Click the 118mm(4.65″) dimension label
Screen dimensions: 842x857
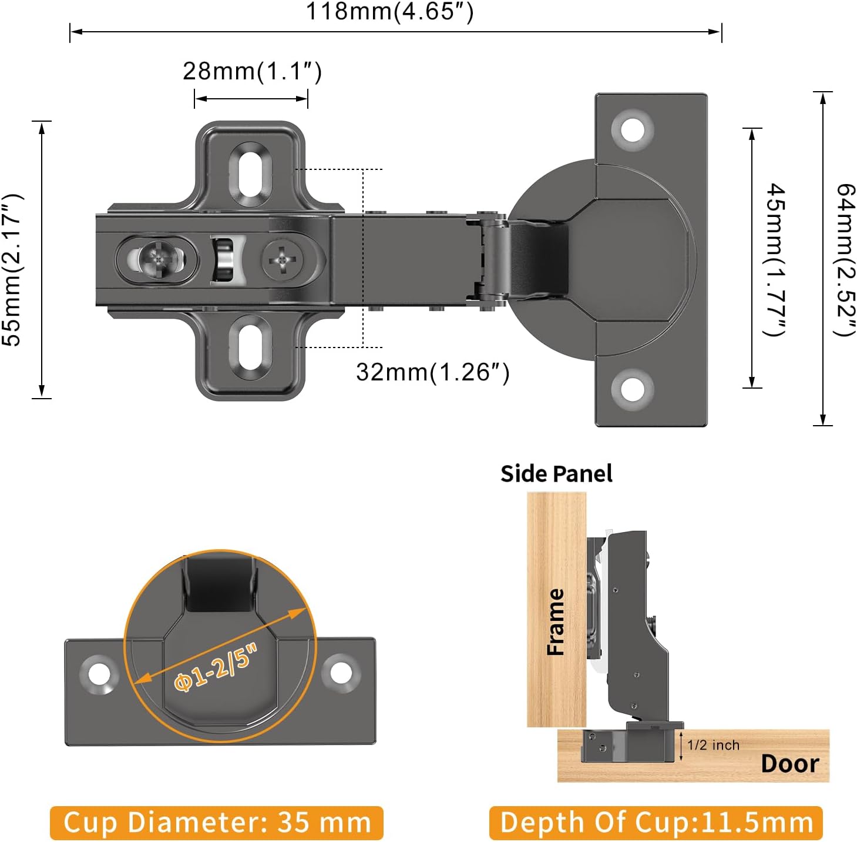tap(389, 12)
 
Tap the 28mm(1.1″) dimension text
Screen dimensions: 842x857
tap(252, 71)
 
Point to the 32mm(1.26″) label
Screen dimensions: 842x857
tap(432, 372)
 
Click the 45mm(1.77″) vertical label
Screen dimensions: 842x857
tap(776, 259)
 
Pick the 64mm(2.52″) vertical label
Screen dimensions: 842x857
tap(845, 259)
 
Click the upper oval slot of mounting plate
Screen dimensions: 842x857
tap(251, 173)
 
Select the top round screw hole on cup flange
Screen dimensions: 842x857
tap(632, 129)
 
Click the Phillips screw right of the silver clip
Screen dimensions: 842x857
tap(283, 259)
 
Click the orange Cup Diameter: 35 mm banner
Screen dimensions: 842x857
tap(217, 822)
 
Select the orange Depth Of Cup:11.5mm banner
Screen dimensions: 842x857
tap(656, 822)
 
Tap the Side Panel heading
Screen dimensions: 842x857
tap(556, 474)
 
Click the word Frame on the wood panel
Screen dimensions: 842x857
tap(556, 622)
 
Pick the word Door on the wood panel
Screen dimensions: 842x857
tap(789, 764)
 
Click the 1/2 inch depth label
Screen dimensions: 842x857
tap(713, 746)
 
